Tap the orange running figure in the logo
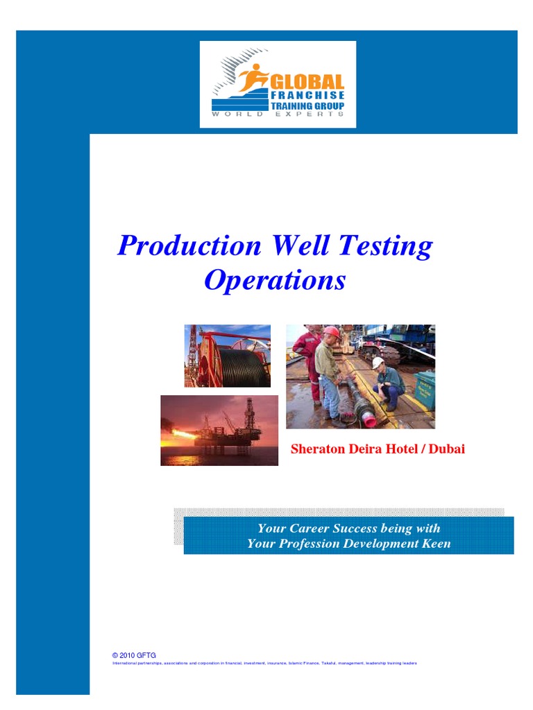tap(251, 77)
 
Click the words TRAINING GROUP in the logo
tap(307, 106)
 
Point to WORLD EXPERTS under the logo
tap(278, 114)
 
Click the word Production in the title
tap(189, 246)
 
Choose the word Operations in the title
tap(274, 280)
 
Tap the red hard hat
tap(332, 332)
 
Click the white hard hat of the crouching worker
tap(378, 362)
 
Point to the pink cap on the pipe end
tap(370, 421)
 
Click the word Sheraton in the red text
tap(316, 449)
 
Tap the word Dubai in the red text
tap(447, 449)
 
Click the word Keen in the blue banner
tap(436, 544)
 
